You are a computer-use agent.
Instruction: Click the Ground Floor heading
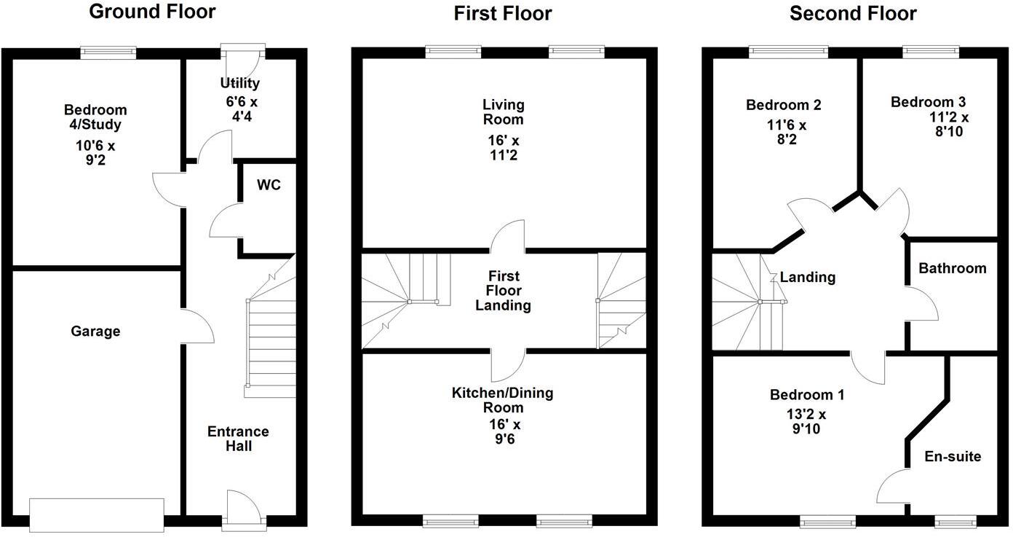[x=152, y=12]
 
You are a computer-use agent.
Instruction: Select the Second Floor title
[x=853, y=13]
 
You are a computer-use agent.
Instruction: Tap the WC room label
[x=268, y=185]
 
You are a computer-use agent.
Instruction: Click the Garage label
[x=95, y=332]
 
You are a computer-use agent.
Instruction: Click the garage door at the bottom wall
[x=97, y=513]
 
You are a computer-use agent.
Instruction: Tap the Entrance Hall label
[x=239, y=439]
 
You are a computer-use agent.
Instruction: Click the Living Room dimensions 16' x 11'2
[x=503, y=147]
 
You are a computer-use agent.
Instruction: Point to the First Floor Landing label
[x=503, y=291]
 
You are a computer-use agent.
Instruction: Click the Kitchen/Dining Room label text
[x=503, y=401]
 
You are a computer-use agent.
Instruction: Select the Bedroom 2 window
[x=788, y=52]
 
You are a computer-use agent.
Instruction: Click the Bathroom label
[x=952, y=268]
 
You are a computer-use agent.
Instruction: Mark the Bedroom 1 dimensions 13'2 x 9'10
[x=807, y=422]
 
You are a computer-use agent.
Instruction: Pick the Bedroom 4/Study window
[x=108, y=52]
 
